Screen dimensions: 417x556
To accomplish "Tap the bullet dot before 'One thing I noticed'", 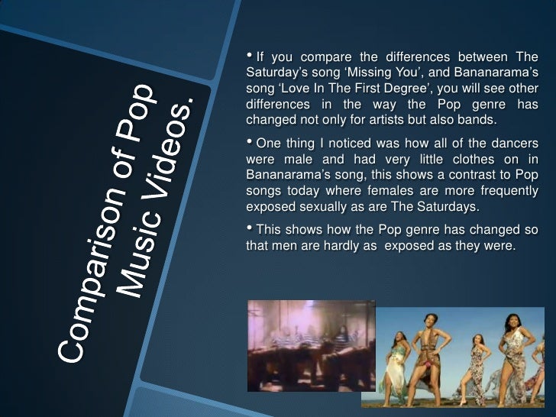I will tap(250, 142).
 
